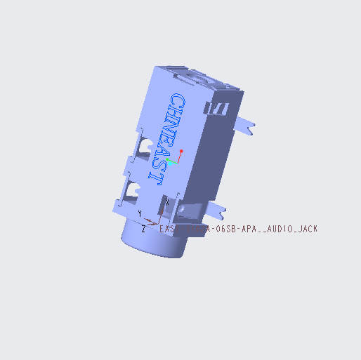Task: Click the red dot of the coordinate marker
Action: point(181,150)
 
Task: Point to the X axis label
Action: point(167,204)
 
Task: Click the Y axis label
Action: point(140,213)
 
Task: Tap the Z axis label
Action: point(143,229)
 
